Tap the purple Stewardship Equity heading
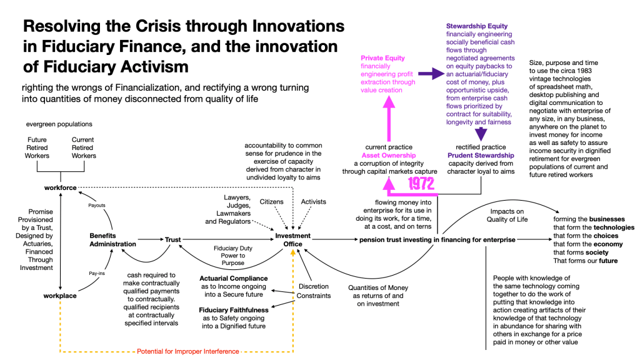tap(476, 26)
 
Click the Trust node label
tap(172, 239)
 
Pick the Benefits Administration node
tap(112, 239)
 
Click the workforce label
tap(60, 187)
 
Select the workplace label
tap(60, 296)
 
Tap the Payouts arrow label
tap(97, 204)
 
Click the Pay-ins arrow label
tap(96, 273)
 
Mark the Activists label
tap(314, 202)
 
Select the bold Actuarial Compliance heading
tap(233, 278)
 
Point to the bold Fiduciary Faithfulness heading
tap(233, 310)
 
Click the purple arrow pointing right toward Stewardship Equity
tap(430, 74)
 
